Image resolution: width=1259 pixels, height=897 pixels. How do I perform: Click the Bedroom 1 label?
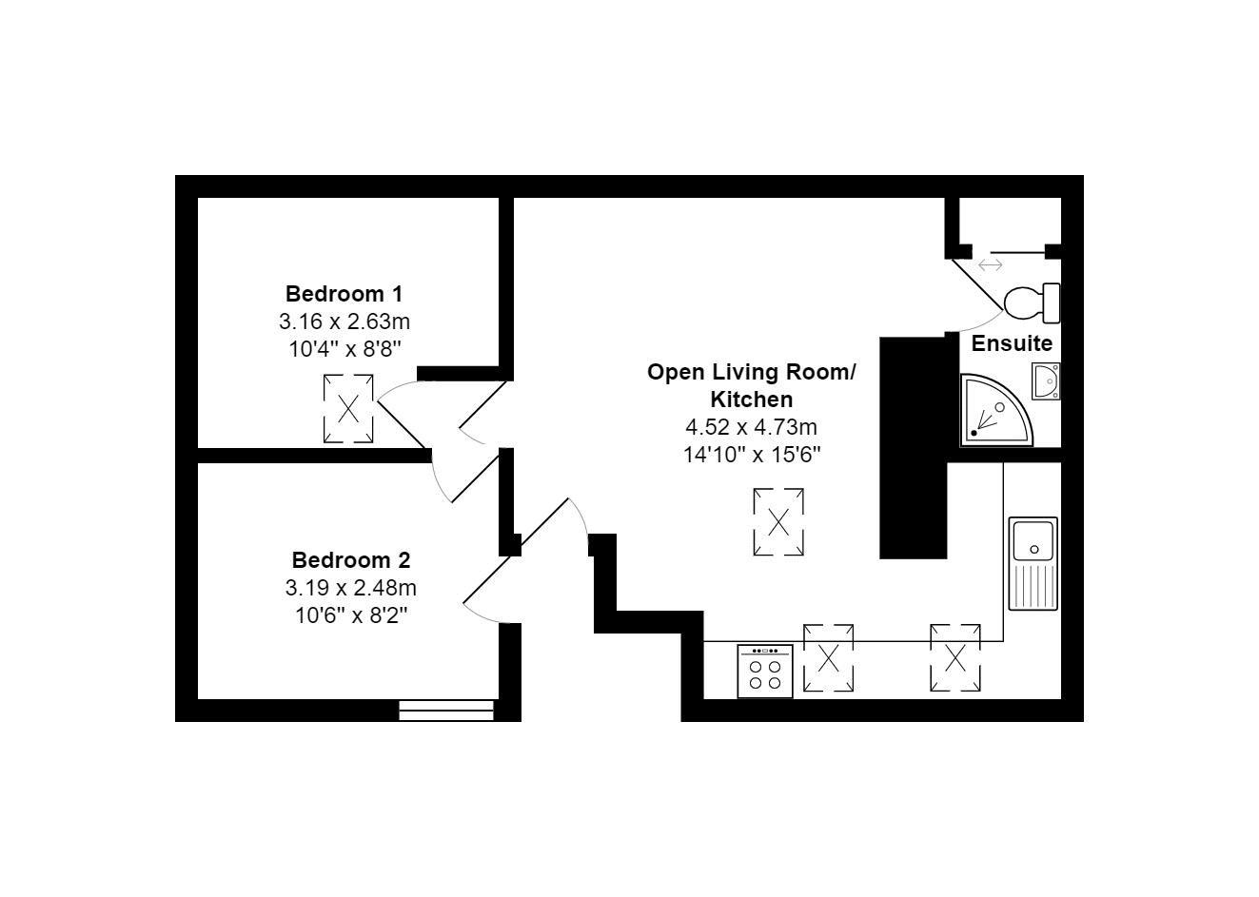[x=344, y=293]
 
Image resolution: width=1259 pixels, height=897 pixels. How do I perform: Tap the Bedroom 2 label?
[x=350, y=559]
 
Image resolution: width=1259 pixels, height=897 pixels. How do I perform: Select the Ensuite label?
[x=1012, y=343]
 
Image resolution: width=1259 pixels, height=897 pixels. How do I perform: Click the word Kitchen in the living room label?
[x=752, y=400]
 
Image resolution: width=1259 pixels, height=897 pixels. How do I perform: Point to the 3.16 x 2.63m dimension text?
[x=344, y=321]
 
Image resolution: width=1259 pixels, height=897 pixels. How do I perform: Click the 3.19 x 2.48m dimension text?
[x=350, y=588]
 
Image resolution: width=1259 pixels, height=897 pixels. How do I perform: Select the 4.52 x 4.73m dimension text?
[x=752, y=427]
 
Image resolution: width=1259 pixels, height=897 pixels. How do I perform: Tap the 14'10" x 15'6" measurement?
[x=752, y=455]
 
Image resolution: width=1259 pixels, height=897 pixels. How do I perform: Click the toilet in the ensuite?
[x=1032, y=302]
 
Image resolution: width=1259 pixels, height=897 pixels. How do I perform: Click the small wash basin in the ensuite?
[x=1045, y=381]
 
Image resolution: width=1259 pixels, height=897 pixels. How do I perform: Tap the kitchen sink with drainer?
[x=1033, y=563]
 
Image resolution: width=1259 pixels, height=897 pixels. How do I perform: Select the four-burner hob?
[x=765, y=672]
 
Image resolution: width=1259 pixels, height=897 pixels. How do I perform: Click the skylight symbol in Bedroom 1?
[x=348, y=409]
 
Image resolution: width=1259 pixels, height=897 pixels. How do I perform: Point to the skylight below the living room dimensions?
[x=778, y=521]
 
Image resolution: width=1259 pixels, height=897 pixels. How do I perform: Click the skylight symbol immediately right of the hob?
[x=828, y=657]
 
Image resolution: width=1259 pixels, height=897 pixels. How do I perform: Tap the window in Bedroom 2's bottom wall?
[x=446, y=710]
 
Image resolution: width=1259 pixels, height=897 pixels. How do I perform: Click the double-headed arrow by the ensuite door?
[x=990, y=264]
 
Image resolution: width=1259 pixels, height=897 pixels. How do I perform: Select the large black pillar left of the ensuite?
[x=913, y=447]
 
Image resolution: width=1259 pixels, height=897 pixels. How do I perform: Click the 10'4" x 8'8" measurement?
[x=344, y=348]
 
